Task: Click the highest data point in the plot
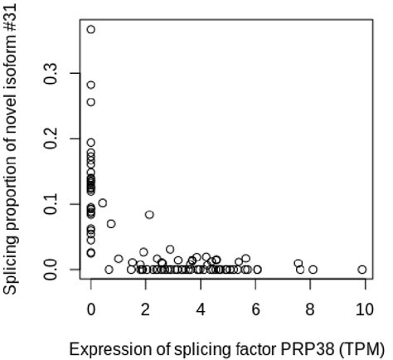coord(91,30)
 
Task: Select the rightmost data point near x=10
coord(362,270)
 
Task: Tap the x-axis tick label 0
coord(91,309)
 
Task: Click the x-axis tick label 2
coord(146,309)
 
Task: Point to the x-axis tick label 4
coord(201,309)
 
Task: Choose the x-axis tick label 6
coord(255,309)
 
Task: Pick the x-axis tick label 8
coord(310,309)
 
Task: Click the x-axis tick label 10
coord(364,309)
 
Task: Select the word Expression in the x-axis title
coord(102,348)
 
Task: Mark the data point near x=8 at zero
coord(313,270)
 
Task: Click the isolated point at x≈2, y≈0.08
coord(149,215)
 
